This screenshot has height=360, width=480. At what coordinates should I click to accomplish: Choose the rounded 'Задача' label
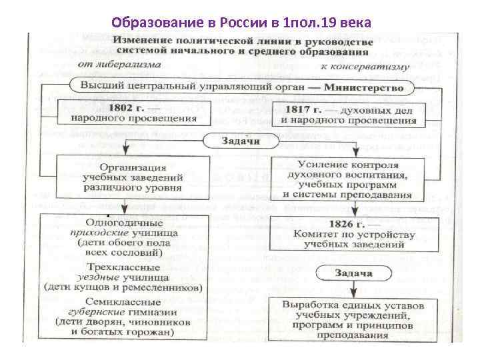[x=353, y=273]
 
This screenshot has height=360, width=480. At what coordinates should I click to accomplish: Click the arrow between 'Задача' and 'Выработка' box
[x=353, y=289]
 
